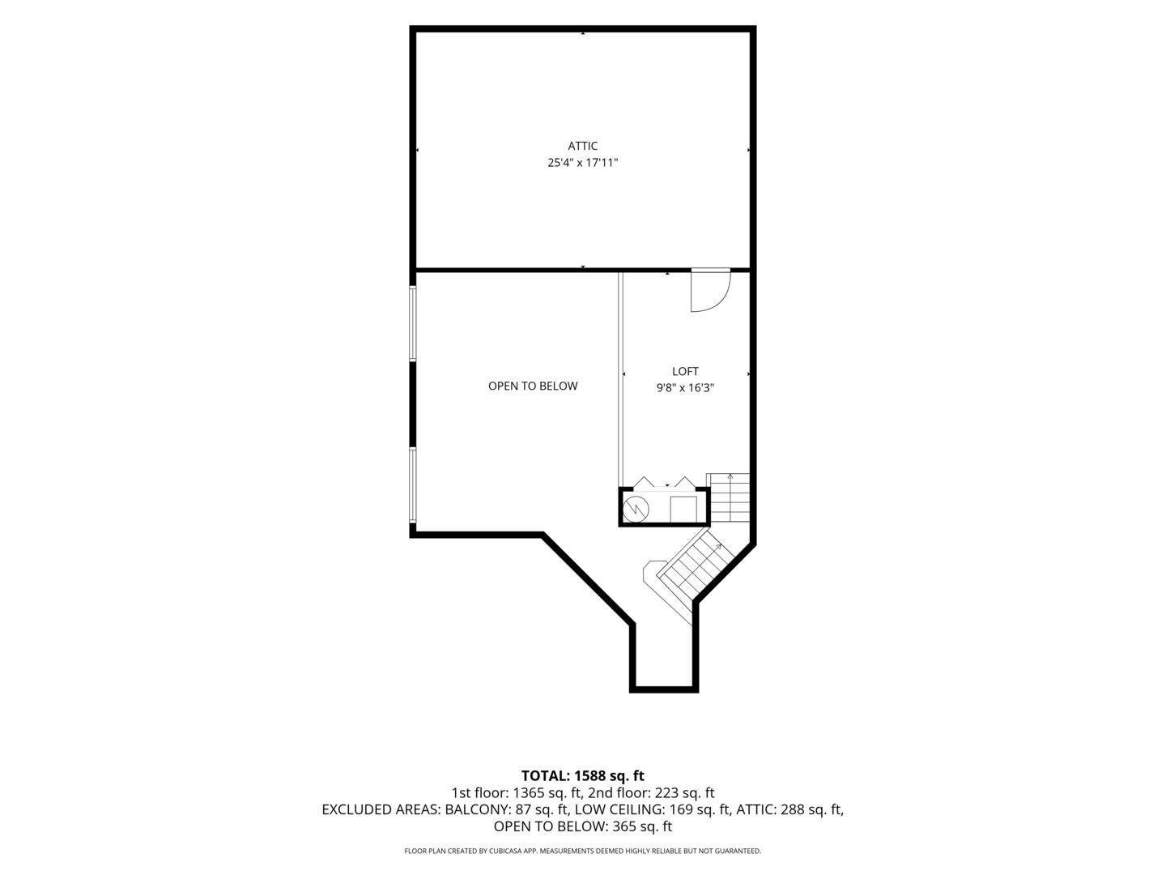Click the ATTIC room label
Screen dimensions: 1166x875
(582, 146)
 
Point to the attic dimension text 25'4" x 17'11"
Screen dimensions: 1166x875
(583, 163)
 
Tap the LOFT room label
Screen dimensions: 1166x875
(685, 371)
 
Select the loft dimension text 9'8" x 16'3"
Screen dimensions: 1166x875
(685, 388)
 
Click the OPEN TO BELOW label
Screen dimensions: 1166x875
(533, 386)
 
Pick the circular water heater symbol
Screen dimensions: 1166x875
(636, 510)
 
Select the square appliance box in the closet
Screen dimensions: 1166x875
(683, 510)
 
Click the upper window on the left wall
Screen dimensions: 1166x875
(413, 324)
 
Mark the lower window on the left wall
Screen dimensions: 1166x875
(413, 484)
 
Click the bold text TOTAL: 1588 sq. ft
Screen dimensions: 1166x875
(583, 775)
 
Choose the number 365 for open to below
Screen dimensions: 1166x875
(624, 826)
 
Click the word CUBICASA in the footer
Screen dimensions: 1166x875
(509, 851)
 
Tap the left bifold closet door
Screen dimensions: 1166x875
(645, 482)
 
